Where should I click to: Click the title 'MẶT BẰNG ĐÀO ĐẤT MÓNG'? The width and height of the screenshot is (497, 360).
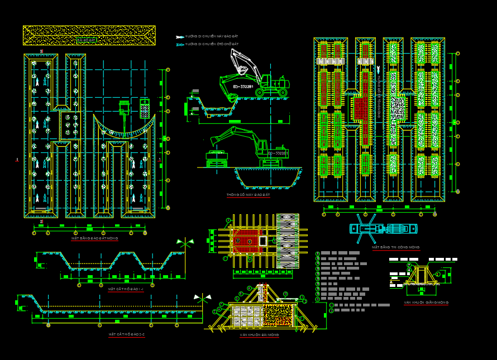click(94, 238)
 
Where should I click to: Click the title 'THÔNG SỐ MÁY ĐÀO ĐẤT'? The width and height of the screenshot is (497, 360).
click(248, 195)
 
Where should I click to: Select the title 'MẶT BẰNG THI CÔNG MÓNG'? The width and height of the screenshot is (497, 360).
click(396, 247)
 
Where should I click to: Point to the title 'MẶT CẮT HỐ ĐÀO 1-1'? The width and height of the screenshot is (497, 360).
click(126, 289)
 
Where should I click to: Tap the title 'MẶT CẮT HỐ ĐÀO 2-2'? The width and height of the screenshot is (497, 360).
click(127, 334)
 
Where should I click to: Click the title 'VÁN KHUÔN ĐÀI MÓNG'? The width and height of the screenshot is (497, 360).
click(259, 335)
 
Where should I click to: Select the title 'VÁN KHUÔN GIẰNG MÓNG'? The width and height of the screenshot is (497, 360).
click(427, 303)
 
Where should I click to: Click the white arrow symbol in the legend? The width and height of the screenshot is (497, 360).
click(180, 37)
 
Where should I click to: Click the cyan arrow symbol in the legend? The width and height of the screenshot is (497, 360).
click(180, 44)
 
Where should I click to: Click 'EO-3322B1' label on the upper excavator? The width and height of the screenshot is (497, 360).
click(243, 87)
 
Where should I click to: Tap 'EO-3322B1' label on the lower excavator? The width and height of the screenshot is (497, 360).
click(278, 153)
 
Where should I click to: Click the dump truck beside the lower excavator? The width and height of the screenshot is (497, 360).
click(217, 158)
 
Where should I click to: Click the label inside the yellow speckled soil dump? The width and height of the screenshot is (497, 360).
click(87, 40)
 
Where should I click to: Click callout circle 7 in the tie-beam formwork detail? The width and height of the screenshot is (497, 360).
click(409, 265)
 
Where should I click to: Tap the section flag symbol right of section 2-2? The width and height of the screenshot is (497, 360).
click(202, 299)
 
